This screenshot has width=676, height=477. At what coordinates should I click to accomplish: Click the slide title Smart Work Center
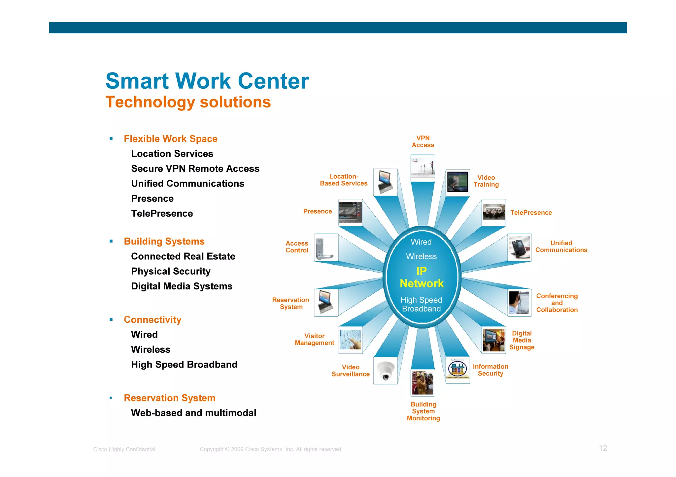click(207, 81)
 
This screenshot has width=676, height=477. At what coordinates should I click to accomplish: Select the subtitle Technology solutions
click(188, 102)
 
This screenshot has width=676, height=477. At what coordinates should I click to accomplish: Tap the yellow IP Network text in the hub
click(421, 278)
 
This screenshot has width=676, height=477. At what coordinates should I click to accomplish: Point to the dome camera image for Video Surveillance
click(385, 371)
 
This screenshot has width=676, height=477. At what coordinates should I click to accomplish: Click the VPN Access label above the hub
click(423, 142)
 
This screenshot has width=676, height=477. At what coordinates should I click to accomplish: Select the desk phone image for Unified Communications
click(519, 248)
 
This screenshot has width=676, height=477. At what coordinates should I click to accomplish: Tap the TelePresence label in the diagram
click(531, 213)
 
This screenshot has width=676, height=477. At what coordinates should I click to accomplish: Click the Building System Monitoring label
click(423, 411)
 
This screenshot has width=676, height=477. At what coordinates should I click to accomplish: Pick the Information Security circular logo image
click(457, 369)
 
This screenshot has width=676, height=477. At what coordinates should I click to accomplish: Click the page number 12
click(603, 448)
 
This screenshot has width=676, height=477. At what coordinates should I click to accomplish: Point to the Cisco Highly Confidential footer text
click(124, 449)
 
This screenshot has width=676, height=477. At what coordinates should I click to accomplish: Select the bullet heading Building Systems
click(164, 241)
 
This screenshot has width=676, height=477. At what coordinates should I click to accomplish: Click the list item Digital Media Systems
click(182, 286)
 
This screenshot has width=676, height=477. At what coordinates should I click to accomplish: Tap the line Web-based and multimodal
click(193, 413)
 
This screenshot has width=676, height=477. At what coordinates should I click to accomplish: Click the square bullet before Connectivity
click(111, 319)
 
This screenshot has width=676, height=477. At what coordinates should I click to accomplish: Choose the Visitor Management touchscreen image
click(350, 340)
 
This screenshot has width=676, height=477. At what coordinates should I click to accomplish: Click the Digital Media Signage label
click(522, 340)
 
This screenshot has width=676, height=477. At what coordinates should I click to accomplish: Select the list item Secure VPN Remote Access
click(195, 169)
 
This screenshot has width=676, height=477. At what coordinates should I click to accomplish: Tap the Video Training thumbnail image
click(457, 182)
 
